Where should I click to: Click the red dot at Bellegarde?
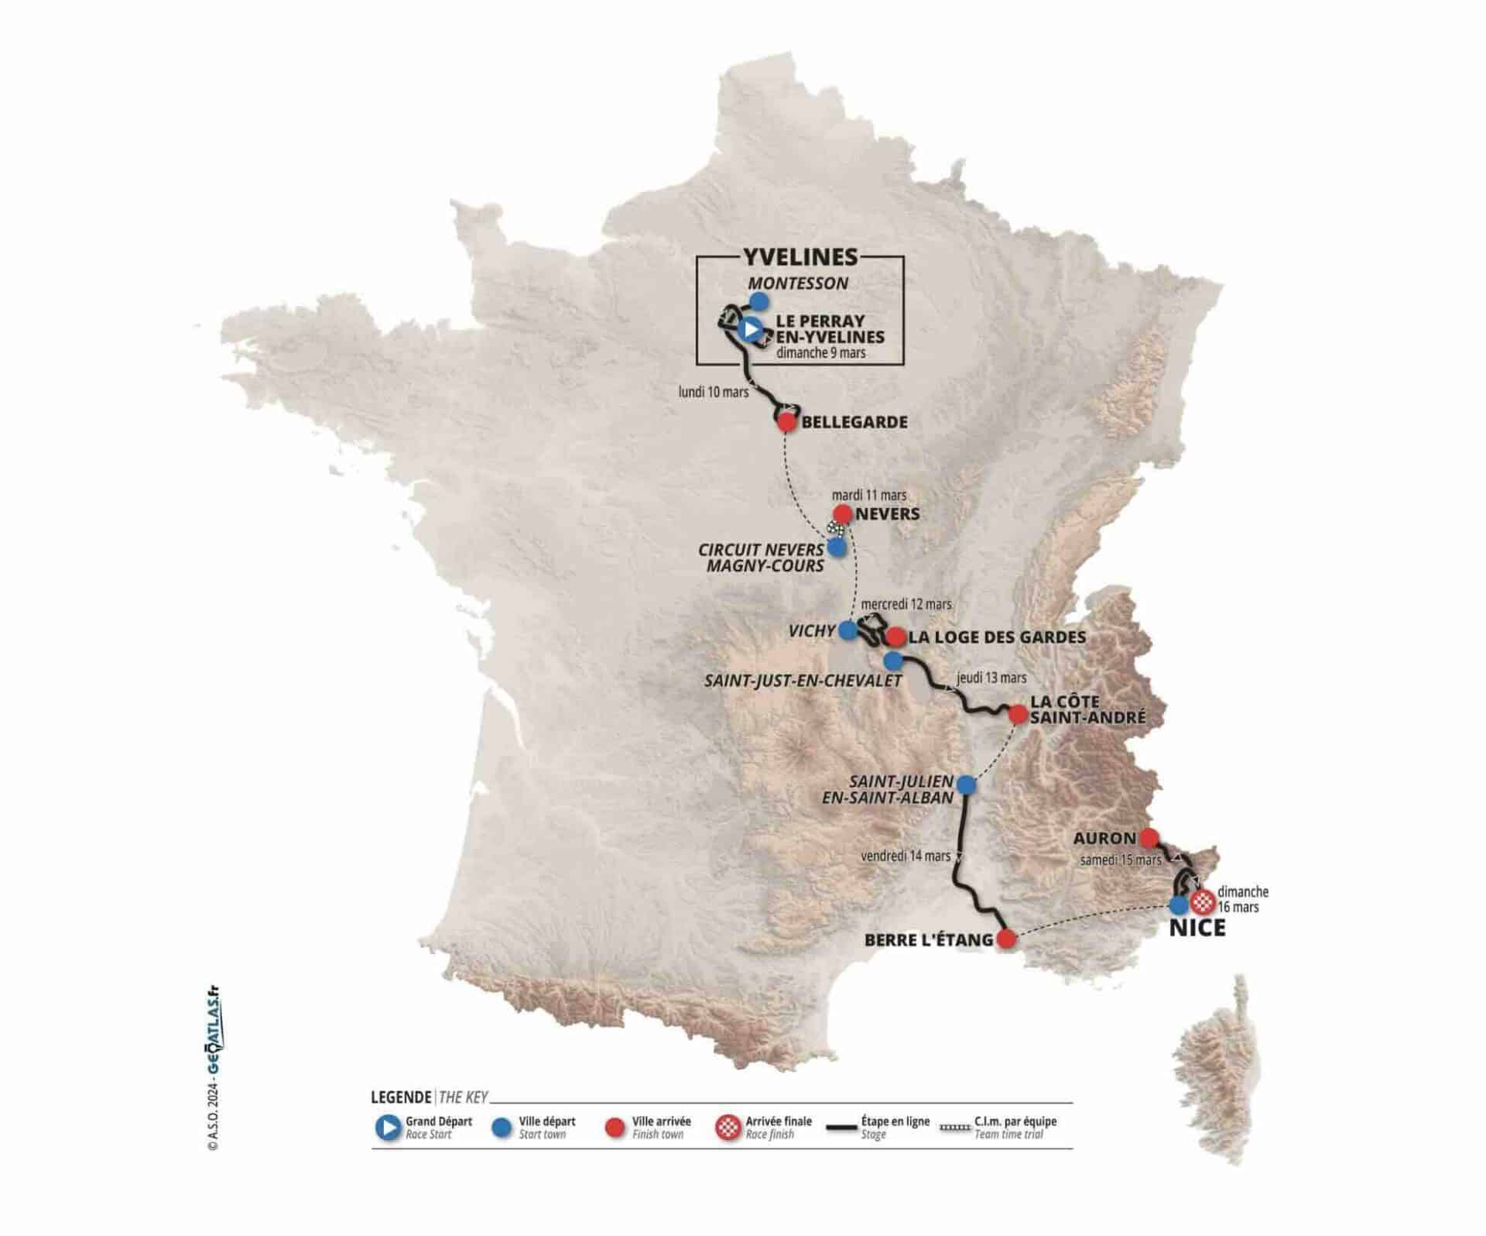point(786,422)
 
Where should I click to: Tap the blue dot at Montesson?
point(760,301)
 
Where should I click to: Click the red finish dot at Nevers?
point(842,513)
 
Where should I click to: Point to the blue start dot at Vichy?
point(848,630)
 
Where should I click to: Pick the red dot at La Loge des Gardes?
point(895,637)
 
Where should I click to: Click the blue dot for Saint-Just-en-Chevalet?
point(893,661)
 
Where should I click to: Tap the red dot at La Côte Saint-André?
point(1018,714)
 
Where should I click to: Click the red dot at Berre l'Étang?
point(1006,939)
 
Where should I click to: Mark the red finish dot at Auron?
point(1149,837)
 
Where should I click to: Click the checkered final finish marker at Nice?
point(1202,901)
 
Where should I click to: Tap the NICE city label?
point(1197,928)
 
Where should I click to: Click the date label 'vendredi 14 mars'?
point(906,856)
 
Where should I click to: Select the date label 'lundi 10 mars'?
point(714,392)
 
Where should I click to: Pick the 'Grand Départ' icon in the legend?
point(387,1128)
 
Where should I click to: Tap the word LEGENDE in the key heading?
point(402,1097)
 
